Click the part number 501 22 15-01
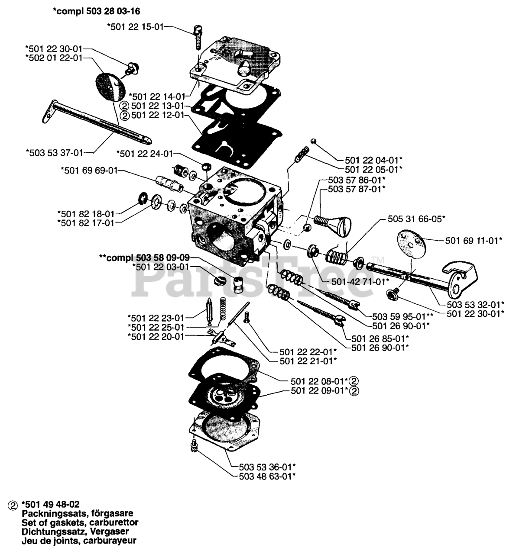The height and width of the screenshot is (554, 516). pos(135,27)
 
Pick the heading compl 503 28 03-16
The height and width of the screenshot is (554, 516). pos(96,10)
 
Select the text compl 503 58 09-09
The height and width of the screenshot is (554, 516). pos(144,258)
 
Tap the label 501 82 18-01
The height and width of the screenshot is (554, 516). pos(86,213)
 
